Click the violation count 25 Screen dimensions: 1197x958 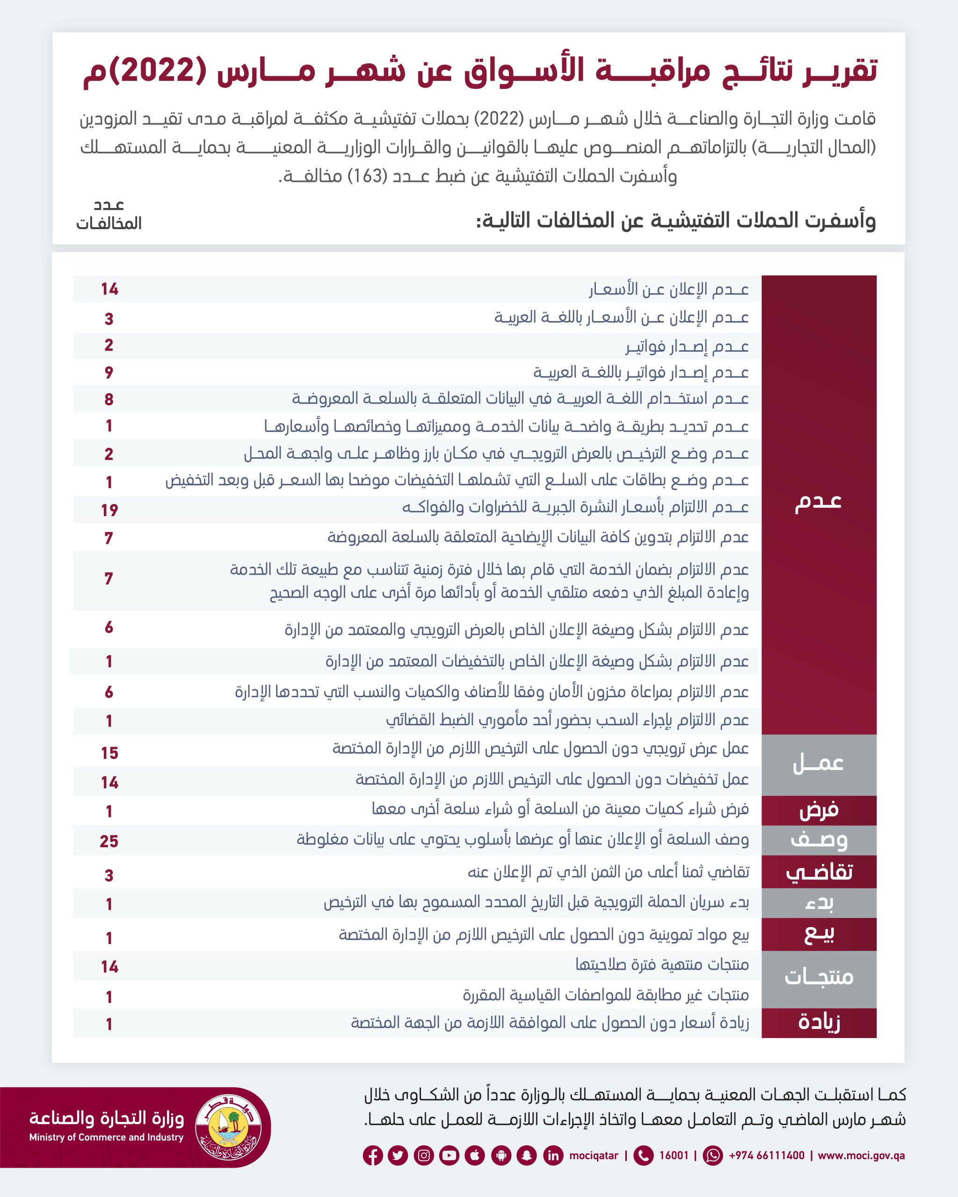109,841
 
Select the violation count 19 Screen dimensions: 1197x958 109,510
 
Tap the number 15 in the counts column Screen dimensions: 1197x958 109,753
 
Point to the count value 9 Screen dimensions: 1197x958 109,373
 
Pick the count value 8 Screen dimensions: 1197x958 109,399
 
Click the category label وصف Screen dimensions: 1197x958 819,840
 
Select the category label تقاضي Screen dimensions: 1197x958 819,872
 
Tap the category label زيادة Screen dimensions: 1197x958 819,1022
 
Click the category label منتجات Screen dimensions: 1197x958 819,977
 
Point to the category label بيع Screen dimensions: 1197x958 819,934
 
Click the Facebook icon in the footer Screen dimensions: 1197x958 373,1156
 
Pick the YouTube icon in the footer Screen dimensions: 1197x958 449,1156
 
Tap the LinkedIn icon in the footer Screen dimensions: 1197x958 553,1156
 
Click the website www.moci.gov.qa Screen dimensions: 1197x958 861,1155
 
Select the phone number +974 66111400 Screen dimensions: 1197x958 766,1155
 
